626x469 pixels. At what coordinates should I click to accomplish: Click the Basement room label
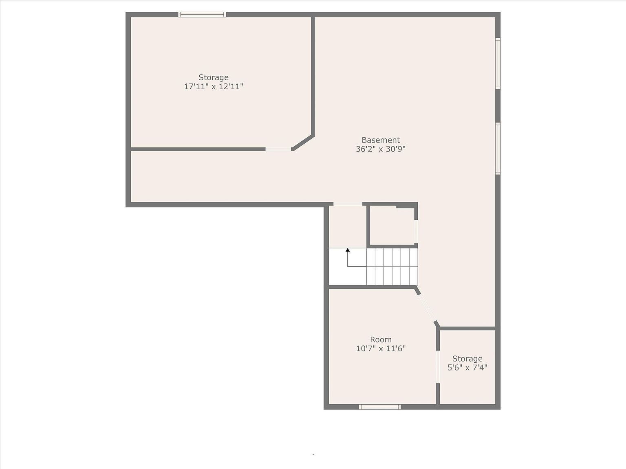click(x=381, y=140)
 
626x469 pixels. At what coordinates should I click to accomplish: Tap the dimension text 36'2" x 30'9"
click(x=381, y=149)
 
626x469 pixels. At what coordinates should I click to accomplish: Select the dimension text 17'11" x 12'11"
click(x=214, y=86)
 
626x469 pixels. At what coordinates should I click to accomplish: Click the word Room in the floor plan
click(x=381, y=340)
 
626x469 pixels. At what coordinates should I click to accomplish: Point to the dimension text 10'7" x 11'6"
click(x=381, y=348)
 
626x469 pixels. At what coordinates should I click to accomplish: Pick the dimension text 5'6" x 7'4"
click(x=467, y=368)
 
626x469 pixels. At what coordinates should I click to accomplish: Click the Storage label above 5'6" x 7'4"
click(x=467, y=359)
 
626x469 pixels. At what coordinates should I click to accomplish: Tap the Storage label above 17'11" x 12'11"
click(x=214, y=77)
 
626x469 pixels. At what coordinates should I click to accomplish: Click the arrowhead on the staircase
click(x=348, y=250)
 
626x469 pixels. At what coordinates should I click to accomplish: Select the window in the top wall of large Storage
click(x=202, y=15)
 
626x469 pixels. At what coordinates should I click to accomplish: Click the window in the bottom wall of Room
click(x=380, y=407)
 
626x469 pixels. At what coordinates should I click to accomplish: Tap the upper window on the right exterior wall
click(x=498, y=64)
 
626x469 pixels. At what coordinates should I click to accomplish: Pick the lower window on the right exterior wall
click(x=498, y=148)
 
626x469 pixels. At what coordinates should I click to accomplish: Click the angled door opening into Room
click(x=427, y=307)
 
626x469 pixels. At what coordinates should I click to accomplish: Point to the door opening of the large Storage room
click(x=278, y=149)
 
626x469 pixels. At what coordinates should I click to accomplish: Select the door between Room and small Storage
click(x=438, y=367)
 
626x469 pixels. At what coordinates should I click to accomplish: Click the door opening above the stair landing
click(x=348, y=204)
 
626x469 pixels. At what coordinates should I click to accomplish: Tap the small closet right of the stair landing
click(x=392, y=226)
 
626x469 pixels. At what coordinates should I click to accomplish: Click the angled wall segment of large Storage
click(x=303, y=142)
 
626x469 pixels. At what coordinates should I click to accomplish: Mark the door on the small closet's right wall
click(x=416, y=232)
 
